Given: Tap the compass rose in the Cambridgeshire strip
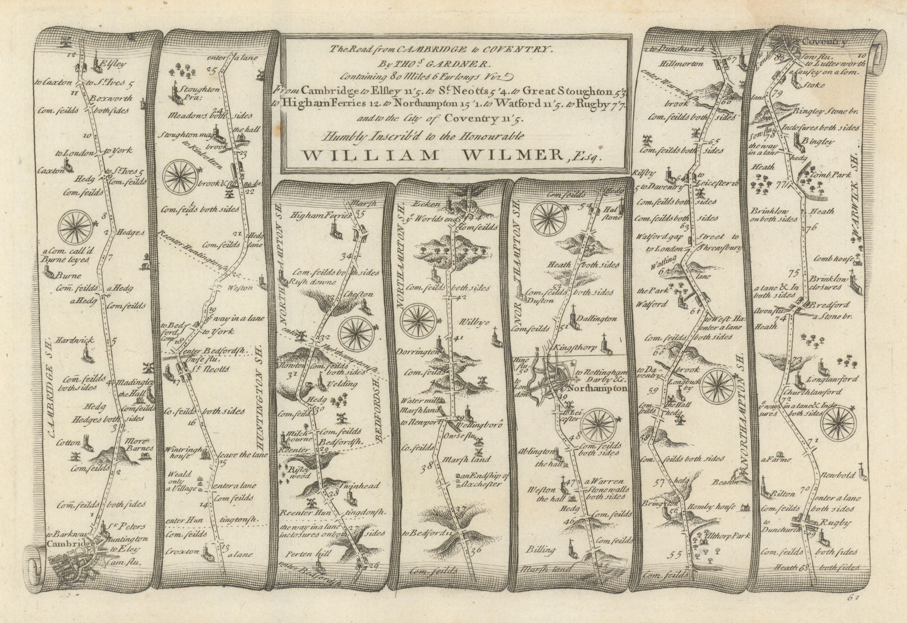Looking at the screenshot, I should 73,228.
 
